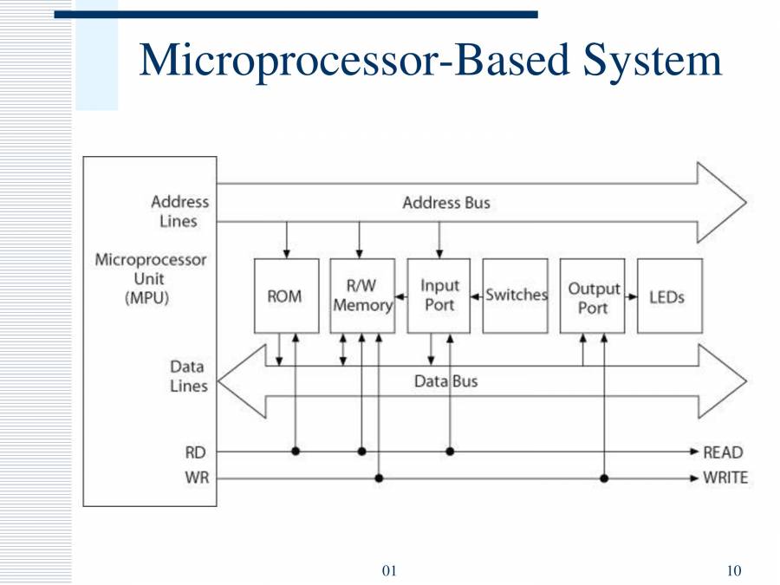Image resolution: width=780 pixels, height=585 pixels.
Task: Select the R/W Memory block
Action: point(362,296)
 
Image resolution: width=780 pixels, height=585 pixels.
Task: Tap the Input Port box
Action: point(439,296)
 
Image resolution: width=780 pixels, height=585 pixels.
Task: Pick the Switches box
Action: point(516,296)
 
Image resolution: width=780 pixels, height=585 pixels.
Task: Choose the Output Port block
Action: point(593,296)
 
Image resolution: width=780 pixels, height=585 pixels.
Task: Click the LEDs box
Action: point(669,296)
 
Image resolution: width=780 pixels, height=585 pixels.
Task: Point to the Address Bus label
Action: point(445,203)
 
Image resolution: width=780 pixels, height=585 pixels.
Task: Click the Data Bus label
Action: point(445,381)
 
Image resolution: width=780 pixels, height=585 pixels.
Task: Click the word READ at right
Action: point(723,452)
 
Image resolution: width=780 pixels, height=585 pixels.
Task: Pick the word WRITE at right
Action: point(725,478)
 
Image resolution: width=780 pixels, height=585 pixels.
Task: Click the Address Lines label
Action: point(179,211)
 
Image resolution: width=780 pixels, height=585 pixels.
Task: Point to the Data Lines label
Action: point(186,376)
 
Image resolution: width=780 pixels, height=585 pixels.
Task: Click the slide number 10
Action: point(733,570)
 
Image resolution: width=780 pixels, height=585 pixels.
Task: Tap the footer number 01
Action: point(389,570)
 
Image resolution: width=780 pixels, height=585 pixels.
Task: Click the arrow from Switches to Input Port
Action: point(477,296)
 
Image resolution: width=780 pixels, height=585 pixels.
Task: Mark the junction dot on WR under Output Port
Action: point(604,478)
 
